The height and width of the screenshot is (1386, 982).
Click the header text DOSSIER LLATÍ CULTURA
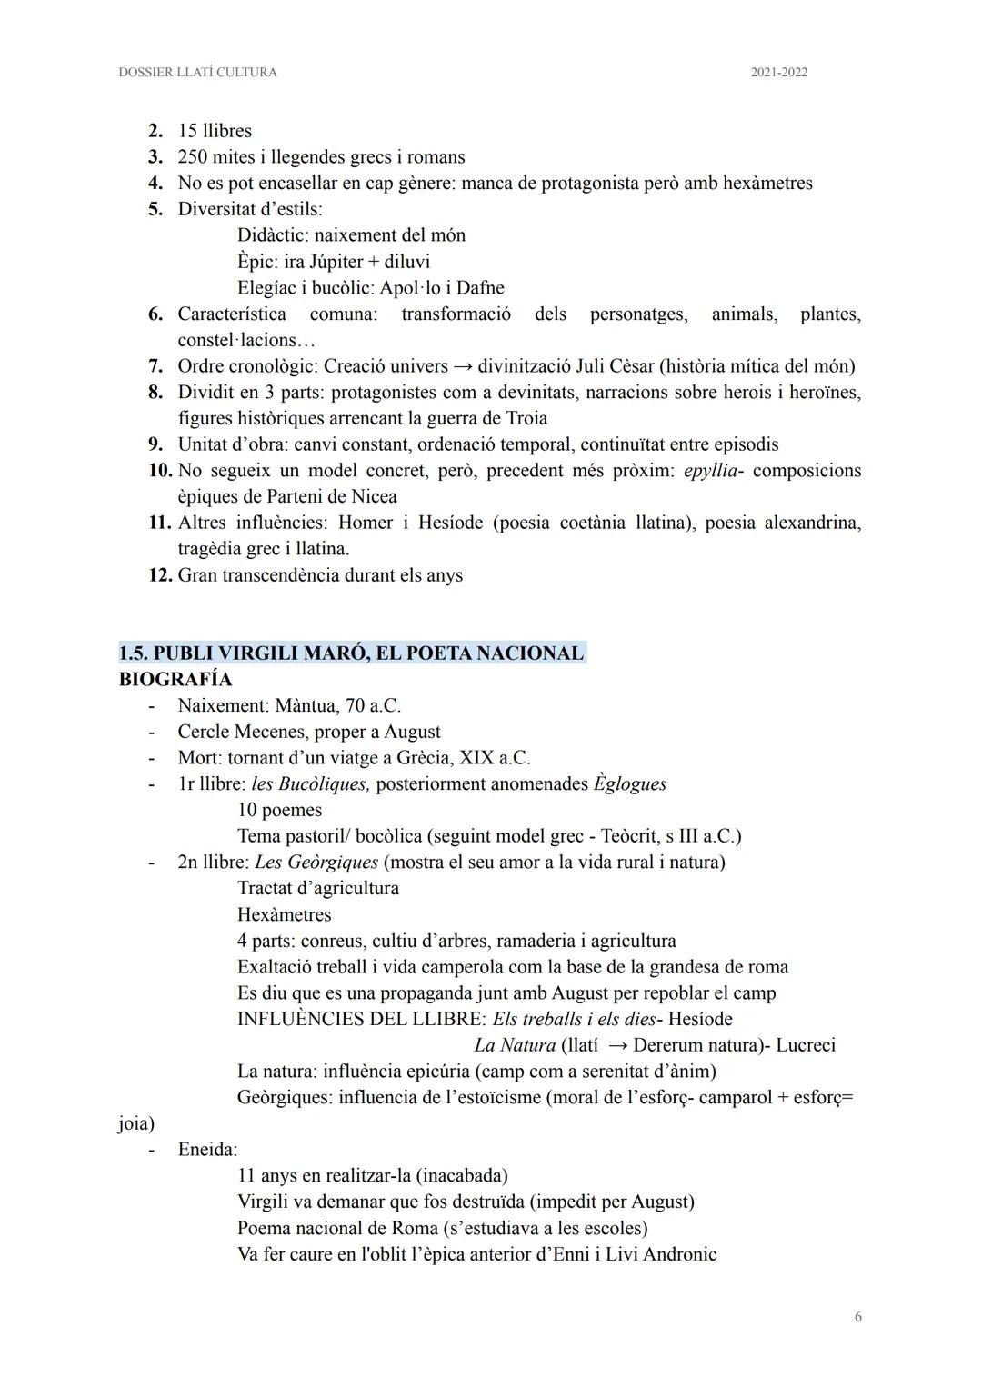pyautogui.click(x=197, y=72)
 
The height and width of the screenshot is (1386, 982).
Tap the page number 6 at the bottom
pyautogui.click(x=857, y=1317)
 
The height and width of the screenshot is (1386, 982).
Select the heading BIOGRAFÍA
pyautogui.click(x=175, y=679)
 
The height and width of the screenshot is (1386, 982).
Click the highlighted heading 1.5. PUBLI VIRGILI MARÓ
pyautogui.click(x=351, y=653)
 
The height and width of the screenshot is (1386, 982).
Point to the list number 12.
pyautogui.click(x=160, y=575)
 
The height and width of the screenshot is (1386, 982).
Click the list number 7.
pyautogui.click(x=155, y=366)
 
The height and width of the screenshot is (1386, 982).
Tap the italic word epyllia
pyautogui.click(x=709, y=471)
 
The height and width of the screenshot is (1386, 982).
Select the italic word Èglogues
pyautogui.click(x=630, y=783)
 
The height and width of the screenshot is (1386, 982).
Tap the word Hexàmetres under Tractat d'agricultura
pyautogui.click(x=284, y=914)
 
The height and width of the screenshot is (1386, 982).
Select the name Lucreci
pyautogui.click(x=805, y=1045)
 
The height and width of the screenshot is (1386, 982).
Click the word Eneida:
pyautogui.click(x=207, y=1150)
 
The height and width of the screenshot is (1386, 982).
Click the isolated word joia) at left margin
pyautogui.click(x=136, y=1124)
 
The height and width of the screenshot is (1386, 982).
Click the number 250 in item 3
pyautogui.click(x=193, y=156)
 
